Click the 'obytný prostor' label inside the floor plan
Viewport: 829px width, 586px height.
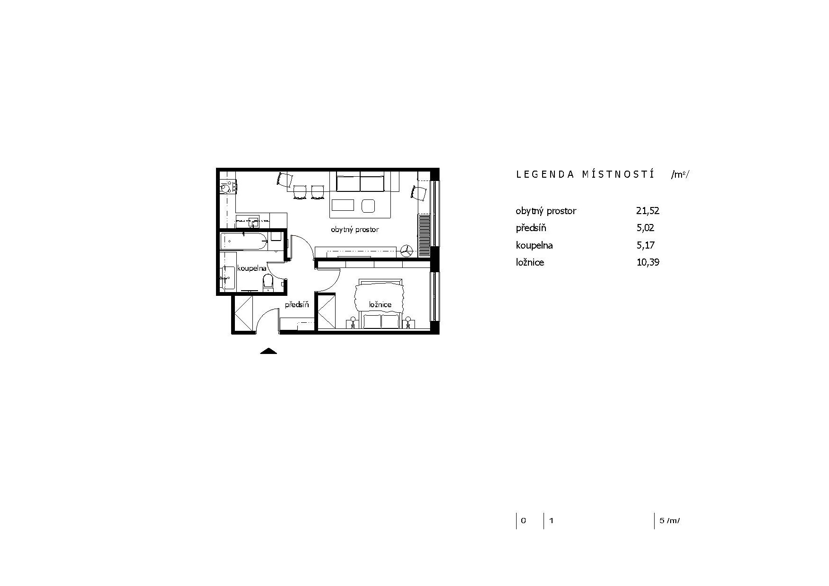354,230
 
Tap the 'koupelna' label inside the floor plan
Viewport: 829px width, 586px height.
252,268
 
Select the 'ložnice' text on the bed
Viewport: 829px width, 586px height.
380,305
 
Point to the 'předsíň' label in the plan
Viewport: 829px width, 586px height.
297,305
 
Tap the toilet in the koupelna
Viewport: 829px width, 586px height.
268,282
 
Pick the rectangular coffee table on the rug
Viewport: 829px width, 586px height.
342,205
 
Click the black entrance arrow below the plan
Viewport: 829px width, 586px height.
268,351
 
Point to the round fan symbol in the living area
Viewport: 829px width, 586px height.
406,251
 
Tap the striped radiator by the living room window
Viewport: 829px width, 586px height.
424,231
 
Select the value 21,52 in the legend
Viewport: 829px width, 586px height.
648,211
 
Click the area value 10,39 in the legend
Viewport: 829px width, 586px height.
648,262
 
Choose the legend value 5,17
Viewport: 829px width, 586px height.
645,245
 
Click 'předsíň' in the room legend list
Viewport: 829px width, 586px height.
531,228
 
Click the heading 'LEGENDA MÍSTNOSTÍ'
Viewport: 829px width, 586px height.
585,174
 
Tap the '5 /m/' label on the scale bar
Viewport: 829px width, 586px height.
670,521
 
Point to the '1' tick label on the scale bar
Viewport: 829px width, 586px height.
551,521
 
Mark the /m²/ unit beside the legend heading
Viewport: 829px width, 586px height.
680,175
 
